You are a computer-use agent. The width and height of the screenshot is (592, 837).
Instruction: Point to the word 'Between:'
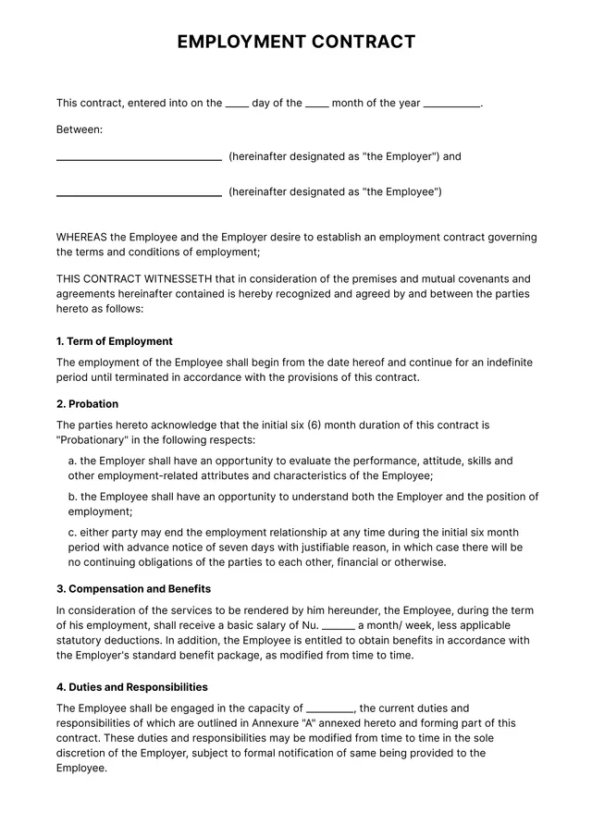click(x=80, y=129)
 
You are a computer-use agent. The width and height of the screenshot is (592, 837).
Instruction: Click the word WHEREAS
click(x=81, y=238)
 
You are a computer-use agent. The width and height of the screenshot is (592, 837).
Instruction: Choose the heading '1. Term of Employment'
click(x=115, y=341)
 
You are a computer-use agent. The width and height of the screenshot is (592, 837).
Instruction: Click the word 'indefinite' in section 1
click(x=507, y=363)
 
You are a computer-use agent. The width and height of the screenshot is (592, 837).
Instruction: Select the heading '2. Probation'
click(x=87, y=404)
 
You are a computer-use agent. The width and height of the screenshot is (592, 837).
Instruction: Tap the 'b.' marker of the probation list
click(x=73, y=497)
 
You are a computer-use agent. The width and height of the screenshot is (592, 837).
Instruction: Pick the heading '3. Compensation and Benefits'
click(x=133, y=589)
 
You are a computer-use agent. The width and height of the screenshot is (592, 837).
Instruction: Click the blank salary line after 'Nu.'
click(x=339, y=626)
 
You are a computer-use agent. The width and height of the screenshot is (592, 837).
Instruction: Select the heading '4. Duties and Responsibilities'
click(x=132, y=687)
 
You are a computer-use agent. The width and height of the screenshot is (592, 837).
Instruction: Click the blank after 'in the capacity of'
click(x=330, y=709)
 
